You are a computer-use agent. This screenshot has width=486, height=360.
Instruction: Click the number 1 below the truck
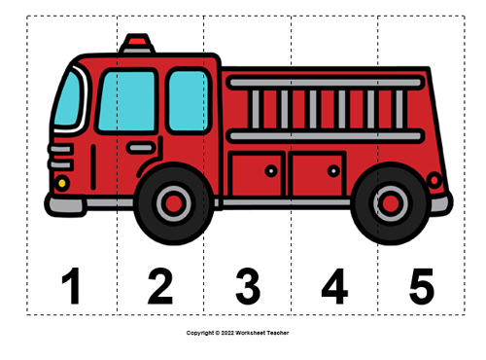tap(70, 286)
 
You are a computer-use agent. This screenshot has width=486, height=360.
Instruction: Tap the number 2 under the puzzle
tap(159, 286)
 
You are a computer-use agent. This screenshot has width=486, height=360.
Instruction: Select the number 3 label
tap(247, 286)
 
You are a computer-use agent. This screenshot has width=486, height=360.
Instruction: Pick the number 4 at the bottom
tap(334, 286)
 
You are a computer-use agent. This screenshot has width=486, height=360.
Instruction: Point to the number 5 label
tap(421, 286)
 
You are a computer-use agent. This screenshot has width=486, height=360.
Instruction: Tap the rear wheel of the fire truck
tap(391, 203)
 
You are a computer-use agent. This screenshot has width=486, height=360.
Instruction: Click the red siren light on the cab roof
tap(137, 43)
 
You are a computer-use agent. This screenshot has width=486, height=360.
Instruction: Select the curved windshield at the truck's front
tap(67, 100)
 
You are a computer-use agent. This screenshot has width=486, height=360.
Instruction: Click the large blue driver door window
tap(126, 100)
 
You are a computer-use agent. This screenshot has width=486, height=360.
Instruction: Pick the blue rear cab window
tap(188, 100)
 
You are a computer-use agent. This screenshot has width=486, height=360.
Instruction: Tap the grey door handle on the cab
tap(141, 148)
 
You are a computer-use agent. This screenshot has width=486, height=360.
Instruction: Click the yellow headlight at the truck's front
tap(62, 182)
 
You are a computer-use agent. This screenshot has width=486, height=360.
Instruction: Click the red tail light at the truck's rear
tap(434, 180)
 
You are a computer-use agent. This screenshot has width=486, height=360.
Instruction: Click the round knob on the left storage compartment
tap(271, 170)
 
